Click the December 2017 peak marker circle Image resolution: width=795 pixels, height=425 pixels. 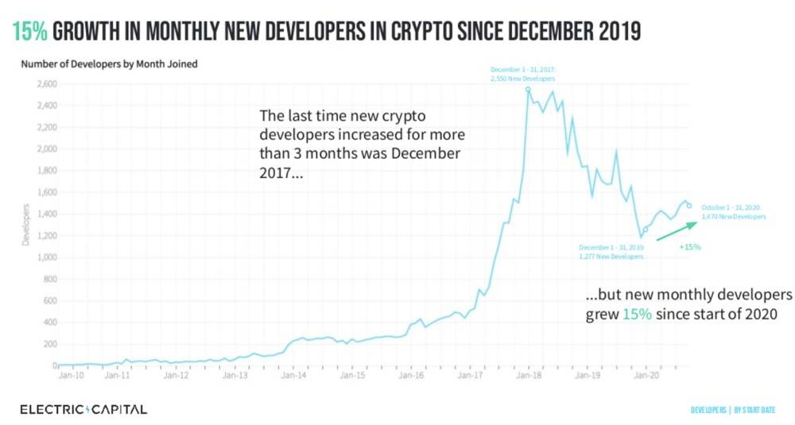pyautogui.click(x=528, y=89)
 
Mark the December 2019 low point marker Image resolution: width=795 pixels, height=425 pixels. pyautogui.click(x=646, y=229)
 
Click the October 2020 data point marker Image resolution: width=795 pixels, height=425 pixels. pyautogui.click(x=689, y=206)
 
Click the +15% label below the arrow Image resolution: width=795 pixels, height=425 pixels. pyautogui.click(x=689, y=247)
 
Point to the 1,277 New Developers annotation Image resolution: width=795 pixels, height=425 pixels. pyautogui.click(x=611, y=252)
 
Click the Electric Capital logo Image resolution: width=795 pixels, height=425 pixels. pyautogui.click(x=83, y=409)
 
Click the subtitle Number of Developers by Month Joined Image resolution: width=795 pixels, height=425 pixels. pyautogui.click(x=109, y=64)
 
